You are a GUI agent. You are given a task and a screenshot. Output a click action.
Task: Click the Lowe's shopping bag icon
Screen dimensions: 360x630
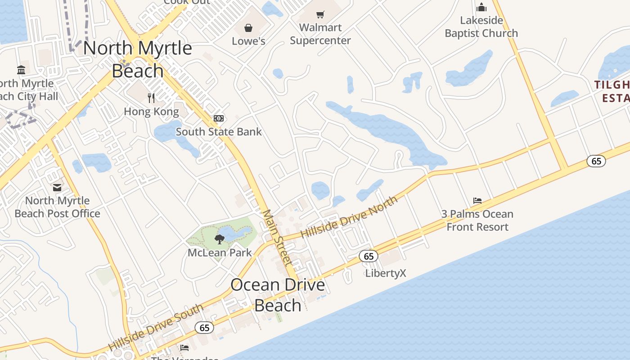pos(248,28)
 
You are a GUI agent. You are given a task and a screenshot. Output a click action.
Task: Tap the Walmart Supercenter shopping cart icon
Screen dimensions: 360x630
pos(320,14)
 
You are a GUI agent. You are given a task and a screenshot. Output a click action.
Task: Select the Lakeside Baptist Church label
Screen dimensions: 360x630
pos(481,27)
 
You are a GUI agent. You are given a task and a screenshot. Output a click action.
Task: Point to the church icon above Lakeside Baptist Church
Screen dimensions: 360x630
pos(481,7)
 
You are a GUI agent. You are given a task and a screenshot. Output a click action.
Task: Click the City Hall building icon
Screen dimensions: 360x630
pos(21,70)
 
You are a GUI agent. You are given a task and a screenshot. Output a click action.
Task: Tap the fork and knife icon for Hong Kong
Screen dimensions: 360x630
pos(151,98)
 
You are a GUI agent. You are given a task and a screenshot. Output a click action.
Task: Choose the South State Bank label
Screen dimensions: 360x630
pos(219,132)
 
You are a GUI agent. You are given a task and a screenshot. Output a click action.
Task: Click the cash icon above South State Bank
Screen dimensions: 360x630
pos(219,118)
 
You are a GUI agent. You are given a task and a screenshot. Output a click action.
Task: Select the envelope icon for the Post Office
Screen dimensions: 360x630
pos(57,188)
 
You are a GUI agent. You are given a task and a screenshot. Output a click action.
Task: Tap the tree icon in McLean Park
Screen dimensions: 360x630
pos(220,239)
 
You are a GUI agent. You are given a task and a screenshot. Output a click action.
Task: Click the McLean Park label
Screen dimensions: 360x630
pos(220,253)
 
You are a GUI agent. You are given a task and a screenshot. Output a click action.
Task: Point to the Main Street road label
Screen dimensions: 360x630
pos(278,238)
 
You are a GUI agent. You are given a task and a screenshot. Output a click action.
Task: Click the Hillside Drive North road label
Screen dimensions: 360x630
pos(349,217)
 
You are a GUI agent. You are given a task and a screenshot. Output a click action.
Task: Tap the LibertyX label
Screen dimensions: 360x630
pos(386,273)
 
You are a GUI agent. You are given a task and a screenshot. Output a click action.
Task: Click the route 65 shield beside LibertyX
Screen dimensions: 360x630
pos(369,256)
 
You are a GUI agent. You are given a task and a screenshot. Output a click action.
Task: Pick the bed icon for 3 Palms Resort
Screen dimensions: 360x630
pos(477,201)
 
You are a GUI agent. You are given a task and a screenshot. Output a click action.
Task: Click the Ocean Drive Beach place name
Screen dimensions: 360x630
pos(278,295)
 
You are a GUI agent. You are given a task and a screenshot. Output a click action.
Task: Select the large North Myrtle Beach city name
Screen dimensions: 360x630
pos(138,59)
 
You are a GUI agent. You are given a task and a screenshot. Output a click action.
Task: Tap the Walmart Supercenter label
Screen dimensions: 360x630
pos(320,34)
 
